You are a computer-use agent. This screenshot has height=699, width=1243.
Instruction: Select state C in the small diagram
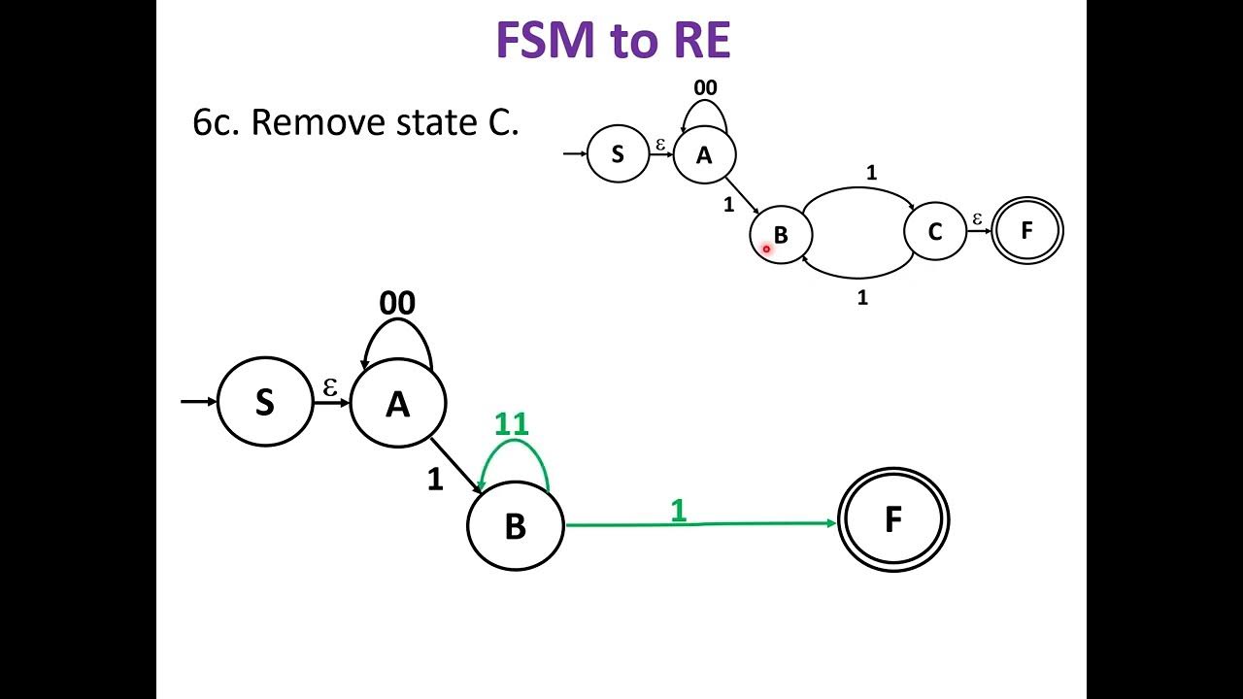[934, 231]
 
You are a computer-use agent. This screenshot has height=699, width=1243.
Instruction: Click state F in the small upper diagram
[1026, 231]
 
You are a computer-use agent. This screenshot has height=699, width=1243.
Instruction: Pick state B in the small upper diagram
[780, 235]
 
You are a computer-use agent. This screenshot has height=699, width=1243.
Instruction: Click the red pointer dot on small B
[766, 250]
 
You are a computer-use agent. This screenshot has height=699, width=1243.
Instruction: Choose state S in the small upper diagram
[618, 154]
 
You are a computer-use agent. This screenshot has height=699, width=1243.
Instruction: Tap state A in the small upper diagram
[704, 154]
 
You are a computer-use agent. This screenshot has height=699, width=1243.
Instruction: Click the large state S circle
[265, 402]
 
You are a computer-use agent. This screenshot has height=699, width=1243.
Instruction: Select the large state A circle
[397, 403]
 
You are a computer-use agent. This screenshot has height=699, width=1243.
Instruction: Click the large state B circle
[515, 524]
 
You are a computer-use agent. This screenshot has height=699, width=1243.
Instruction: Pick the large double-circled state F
[892, 520]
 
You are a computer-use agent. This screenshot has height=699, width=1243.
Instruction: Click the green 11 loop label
[512, 424]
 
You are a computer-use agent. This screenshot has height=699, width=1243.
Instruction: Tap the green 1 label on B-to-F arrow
[678, 510]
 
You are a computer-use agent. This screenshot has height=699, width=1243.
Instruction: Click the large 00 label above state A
[397, 304]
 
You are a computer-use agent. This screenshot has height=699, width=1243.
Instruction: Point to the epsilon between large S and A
[330, 387]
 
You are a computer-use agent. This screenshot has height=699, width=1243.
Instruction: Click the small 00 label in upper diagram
[705, 88]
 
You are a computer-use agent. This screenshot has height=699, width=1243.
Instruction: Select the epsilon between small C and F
[977, 219]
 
